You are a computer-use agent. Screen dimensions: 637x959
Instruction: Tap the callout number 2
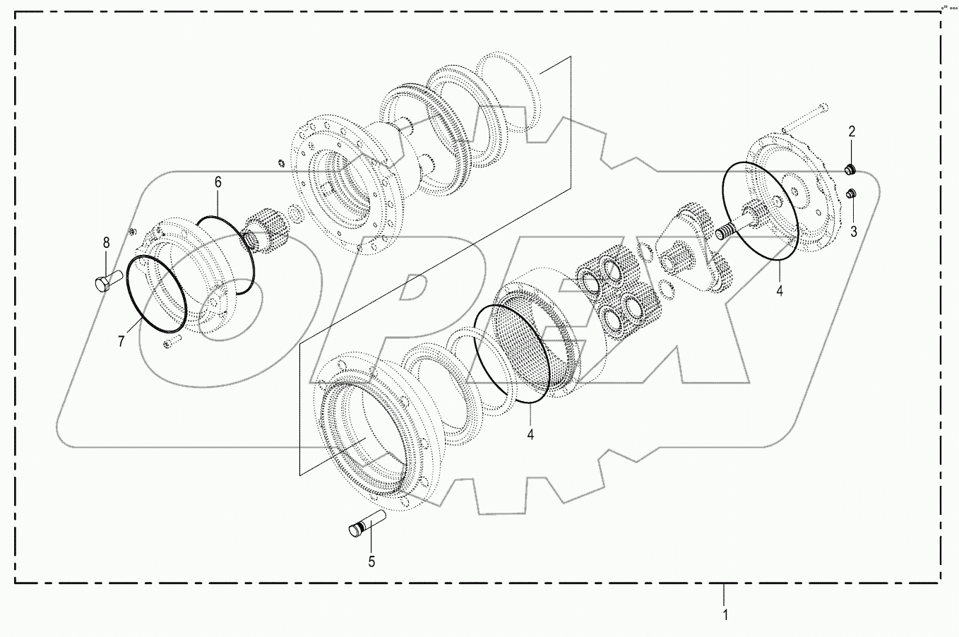point(852,131)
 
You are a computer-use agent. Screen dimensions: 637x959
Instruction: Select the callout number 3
point(853,232)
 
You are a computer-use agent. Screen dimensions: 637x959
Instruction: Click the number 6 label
point(218,182)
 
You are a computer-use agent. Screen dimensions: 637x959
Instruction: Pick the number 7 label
point(121,342)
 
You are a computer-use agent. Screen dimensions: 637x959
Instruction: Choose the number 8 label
point(107,243)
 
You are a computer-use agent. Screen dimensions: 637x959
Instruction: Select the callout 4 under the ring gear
point(530,434)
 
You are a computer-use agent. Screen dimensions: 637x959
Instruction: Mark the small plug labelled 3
point(852,194)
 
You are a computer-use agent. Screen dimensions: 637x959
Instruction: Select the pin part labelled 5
point(367,524)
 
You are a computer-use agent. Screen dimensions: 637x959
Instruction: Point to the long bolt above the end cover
point(804,117)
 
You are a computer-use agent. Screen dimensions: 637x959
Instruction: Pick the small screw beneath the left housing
point(172,343)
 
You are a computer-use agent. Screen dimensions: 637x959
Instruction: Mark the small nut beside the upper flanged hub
point(280,164)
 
